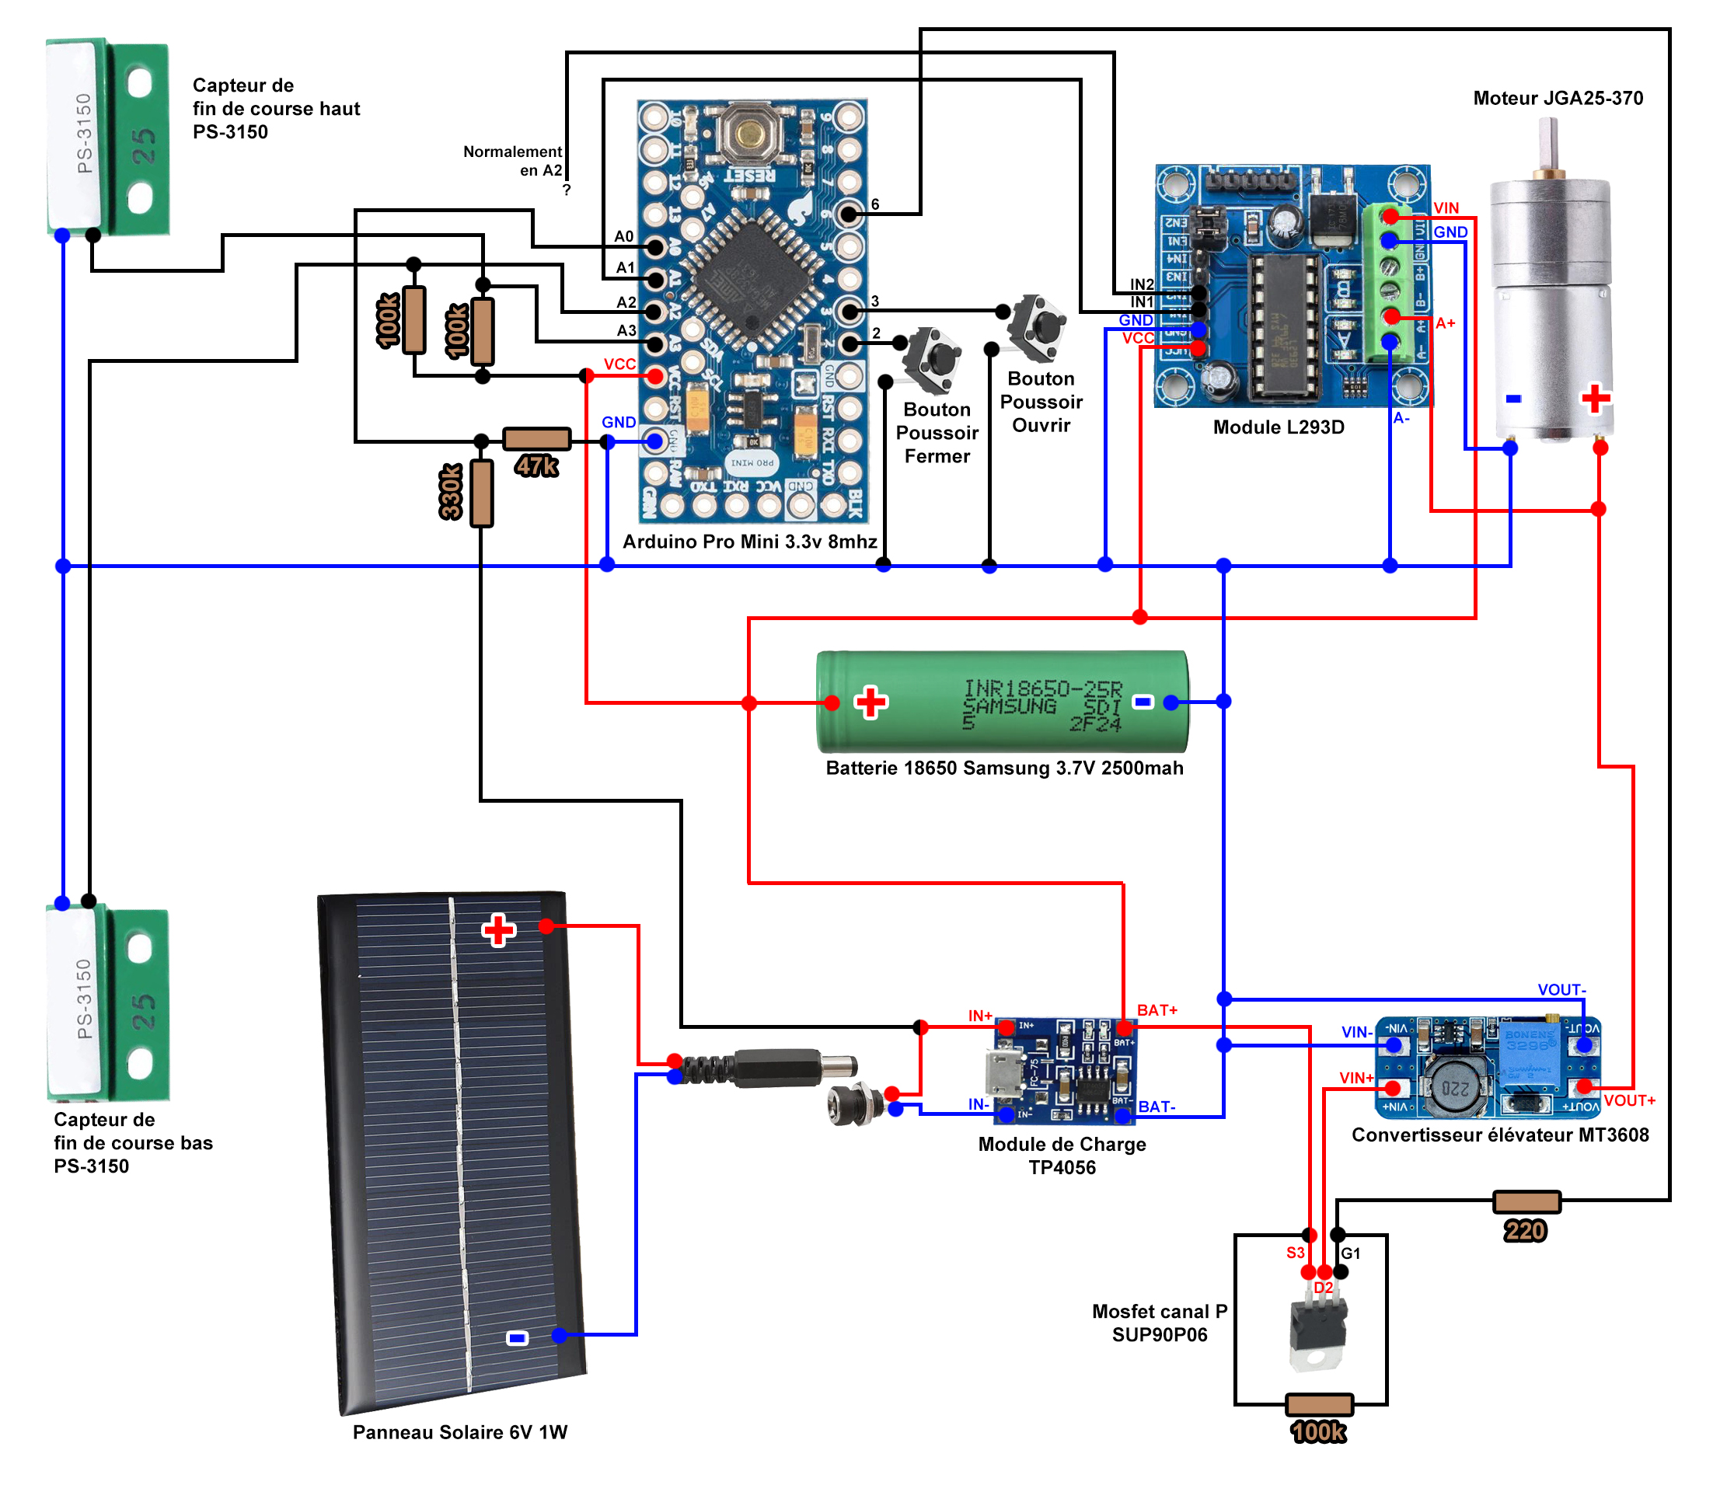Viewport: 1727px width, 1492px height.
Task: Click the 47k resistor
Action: point(537,438)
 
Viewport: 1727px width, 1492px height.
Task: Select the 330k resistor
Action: point(481,493)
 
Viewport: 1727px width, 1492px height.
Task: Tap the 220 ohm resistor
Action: point(1526,1201)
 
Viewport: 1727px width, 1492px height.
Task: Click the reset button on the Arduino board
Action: point(751,134)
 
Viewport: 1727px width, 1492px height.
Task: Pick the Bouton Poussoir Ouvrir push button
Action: point(1038,326)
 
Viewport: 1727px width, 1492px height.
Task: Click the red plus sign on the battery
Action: point(871,702)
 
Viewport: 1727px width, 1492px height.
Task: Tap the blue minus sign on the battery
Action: point(1143,702)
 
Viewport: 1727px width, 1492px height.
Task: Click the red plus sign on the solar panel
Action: point(498,929)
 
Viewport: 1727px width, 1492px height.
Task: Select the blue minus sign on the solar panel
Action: point(517,1338)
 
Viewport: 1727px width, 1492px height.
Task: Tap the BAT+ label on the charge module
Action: point(1157,1010)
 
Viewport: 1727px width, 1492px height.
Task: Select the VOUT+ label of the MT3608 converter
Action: point(1628,1100)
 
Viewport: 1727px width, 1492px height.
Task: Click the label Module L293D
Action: point(1279,427)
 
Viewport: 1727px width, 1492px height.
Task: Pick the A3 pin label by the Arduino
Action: point(626,331)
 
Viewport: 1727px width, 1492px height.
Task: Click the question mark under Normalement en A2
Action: point(567,190)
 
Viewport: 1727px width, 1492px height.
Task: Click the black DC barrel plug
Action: point(775,1068)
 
